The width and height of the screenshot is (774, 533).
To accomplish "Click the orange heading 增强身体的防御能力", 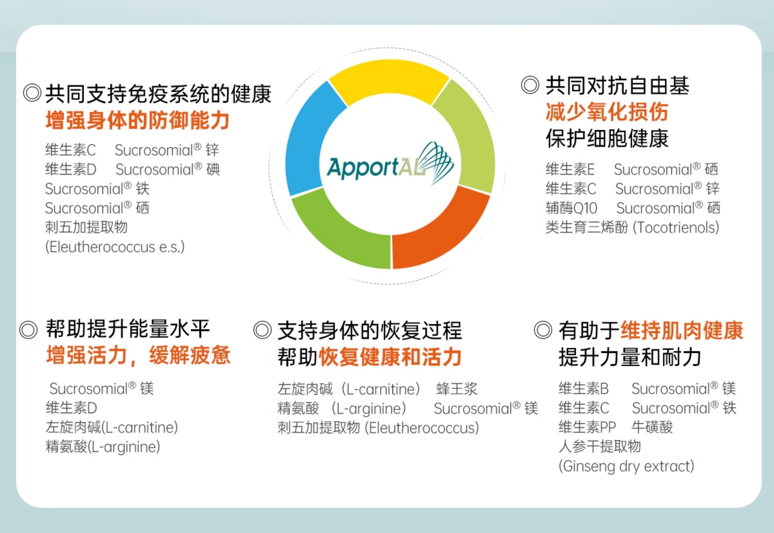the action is coord(137,120).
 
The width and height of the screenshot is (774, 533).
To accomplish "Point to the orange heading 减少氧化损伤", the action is coord(607,112).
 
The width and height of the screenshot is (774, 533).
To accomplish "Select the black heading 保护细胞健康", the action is coord(607,138).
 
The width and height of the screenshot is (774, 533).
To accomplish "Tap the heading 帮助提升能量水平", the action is coord(128,329).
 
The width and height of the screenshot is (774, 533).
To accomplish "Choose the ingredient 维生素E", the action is coord(570,169).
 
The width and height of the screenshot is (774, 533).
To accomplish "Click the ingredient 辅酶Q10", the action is coord(571,208).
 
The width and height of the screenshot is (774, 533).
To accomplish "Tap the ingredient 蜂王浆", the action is coord(457,389).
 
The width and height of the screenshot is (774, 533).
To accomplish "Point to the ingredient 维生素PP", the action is coord(587,427).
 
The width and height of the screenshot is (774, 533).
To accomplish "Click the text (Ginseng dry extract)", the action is coord(626,466).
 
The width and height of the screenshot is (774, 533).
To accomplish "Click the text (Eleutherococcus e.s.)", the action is coord(115,247).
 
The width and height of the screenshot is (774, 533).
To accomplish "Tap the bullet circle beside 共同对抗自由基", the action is coord(530,85).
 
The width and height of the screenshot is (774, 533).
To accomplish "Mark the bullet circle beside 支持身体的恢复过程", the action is coord(262,330).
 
